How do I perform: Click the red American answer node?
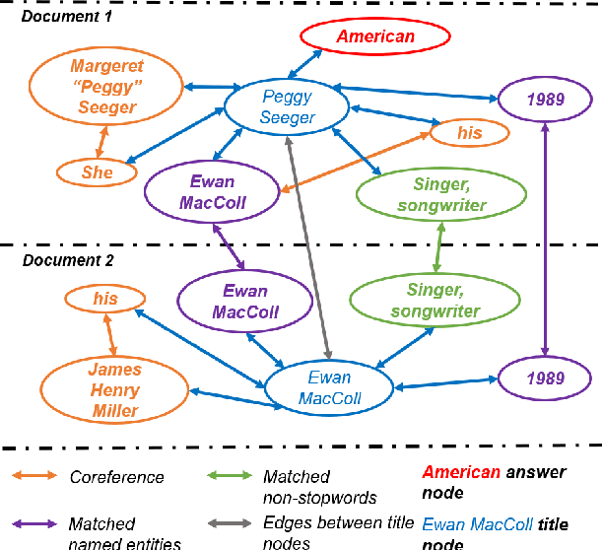click(x=375, y=37)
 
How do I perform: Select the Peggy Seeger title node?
click(x=288, y=107)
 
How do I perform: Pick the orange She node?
click(x=98, y=172)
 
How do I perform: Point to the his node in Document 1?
click(x=469, y=133)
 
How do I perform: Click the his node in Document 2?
click(x=105, y=298)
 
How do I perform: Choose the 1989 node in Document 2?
click(x=546, y=378)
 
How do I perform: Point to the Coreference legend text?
click(x=116, y=477)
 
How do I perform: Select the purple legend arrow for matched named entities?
click(x=33, y=524)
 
